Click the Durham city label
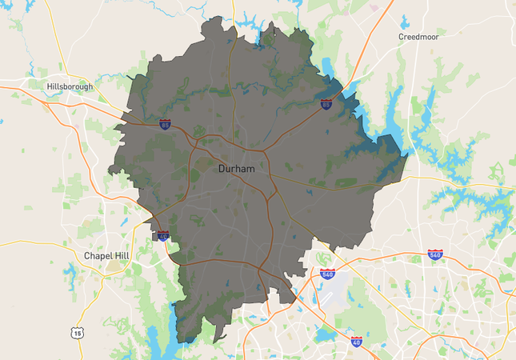click(x=236, y=170)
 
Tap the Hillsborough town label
click(x=70, y=86)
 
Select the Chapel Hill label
click(x=106, y=256)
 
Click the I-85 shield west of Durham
click(x=165, y=125)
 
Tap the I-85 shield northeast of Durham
click(x=326, y=104)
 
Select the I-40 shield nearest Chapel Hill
click(x=163, y=236)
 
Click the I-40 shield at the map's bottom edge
click(x=356, y=342)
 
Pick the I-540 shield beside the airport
click(x=327, y=274)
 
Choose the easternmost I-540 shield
click(x=435, y=254)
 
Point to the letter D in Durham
click(x=222, y=170)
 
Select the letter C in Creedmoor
click(x=402, y=37)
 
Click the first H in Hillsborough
click(x=50, y=86)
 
